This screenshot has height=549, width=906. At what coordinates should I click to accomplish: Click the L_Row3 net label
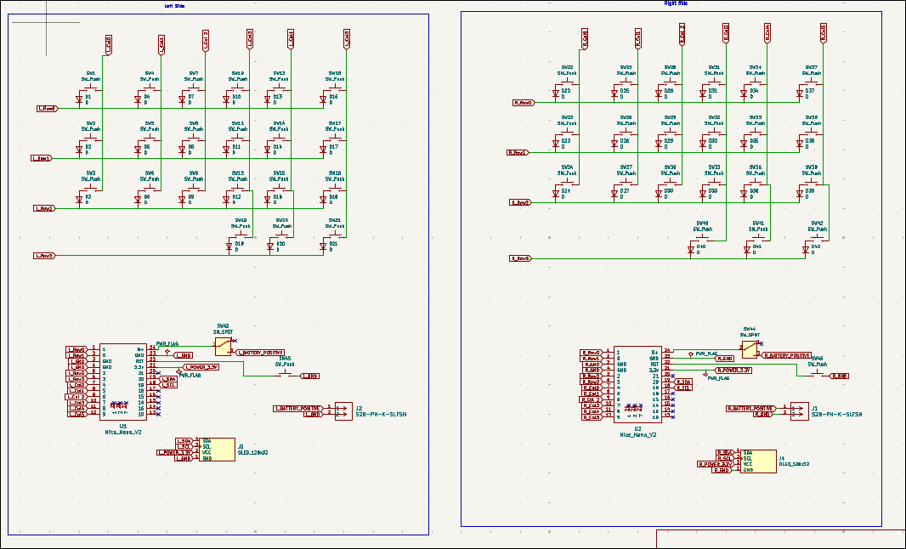(44, 256)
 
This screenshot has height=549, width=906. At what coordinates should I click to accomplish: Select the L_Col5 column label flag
(347, 38)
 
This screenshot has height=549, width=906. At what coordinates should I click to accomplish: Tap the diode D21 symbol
(324, 246)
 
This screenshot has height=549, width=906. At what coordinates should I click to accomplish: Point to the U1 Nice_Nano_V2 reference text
(123, 426)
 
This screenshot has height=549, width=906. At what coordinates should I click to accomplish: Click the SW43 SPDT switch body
(222, 345)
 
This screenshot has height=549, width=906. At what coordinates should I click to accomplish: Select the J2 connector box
(343, 411)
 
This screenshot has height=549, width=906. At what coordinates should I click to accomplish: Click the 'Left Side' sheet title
(174, 6)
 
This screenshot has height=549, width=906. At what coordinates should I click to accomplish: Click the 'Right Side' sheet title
(676, 3)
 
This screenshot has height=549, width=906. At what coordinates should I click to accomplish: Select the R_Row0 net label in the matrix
(524, 102)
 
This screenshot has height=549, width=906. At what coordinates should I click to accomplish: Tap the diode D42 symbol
(805, 249)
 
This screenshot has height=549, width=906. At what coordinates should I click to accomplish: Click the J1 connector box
(799, 411)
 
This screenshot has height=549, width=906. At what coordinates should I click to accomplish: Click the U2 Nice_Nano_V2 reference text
(637, 427)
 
